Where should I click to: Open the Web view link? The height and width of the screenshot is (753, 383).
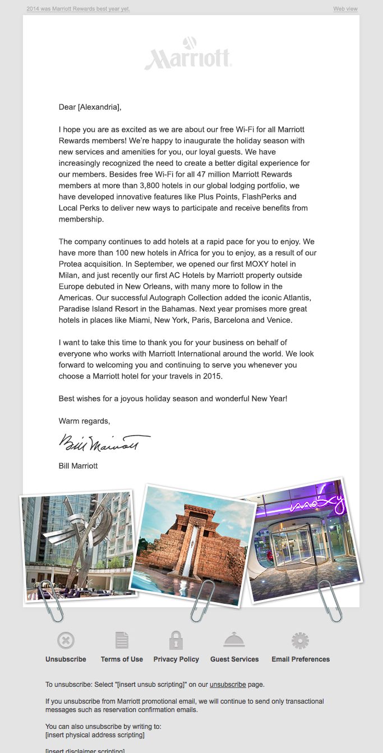pos(345,9)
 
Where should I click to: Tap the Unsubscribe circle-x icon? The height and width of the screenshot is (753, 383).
pos(66,640)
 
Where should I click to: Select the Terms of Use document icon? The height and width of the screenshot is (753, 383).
pos(122,640)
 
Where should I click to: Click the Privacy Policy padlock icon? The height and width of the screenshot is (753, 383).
pos(176,640)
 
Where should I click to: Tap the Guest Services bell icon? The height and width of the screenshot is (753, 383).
pos(234,640)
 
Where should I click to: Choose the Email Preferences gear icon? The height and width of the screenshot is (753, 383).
pos(300,640)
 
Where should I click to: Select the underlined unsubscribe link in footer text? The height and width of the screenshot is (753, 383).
pos(228,685)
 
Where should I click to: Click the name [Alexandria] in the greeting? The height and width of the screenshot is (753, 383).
pos(98,107)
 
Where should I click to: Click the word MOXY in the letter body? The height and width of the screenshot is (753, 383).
pos(259,264)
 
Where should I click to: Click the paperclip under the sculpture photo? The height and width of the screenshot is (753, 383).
pos(53,601)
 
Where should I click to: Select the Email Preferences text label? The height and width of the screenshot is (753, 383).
pos(301,659)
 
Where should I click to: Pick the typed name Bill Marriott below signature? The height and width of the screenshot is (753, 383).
pos(78,466)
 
